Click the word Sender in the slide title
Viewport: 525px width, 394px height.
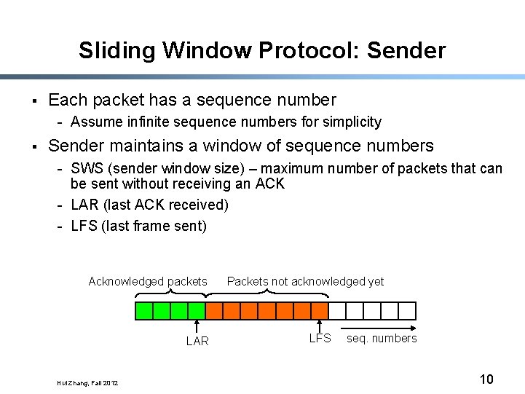pyautogui.click(x=406, y=51)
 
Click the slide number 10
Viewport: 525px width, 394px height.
pyautogui.click(x=486, y=379)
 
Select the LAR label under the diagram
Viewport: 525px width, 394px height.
pyautogui.click(x=197, y=341)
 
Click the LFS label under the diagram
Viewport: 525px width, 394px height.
pyautogui.click(x=320, y=338)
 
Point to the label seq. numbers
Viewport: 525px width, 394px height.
pyautogui.click(x=382, y=338)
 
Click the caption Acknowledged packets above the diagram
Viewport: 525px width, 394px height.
pyautogui.click(x=148, y=281)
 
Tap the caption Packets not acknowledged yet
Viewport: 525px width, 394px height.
pyautogui.click(x=305, y=281)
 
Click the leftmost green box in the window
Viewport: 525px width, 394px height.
pyautogui.click(x=144, y=312)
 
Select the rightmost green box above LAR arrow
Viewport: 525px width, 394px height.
pyautogui.click(x=197, y=312)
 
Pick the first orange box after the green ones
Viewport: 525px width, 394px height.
pyautogui.click(x=214, y=312)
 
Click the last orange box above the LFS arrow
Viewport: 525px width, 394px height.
pyautogui.click(x=320, y=312)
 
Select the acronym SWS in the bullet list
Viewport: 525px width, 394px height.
pyautogui.click(x=87, y=169)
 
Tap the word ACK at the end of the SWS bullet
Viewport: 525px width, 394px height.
pyautogui.click(x=270, y=184)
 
